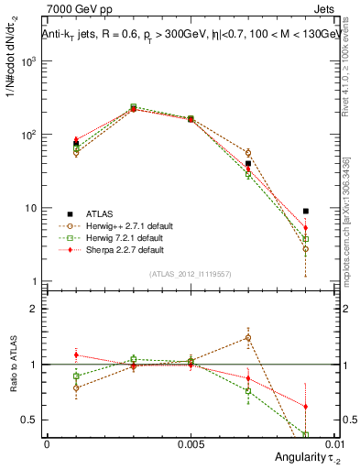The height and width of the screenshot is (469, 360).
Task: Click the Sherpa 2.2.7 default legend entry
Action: [112, 249]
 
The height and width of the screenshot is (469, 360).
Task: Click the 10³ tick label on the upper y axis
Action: [30, 60]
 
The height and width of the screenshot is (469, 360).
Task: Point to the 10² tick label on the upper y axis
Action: [30, 135]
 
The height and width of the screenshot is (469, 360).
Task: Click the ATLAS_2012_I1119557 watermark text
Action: [190, 274]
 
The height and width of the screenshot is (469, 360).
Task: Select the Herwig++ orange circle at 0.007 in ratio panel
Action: [247, 338]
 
